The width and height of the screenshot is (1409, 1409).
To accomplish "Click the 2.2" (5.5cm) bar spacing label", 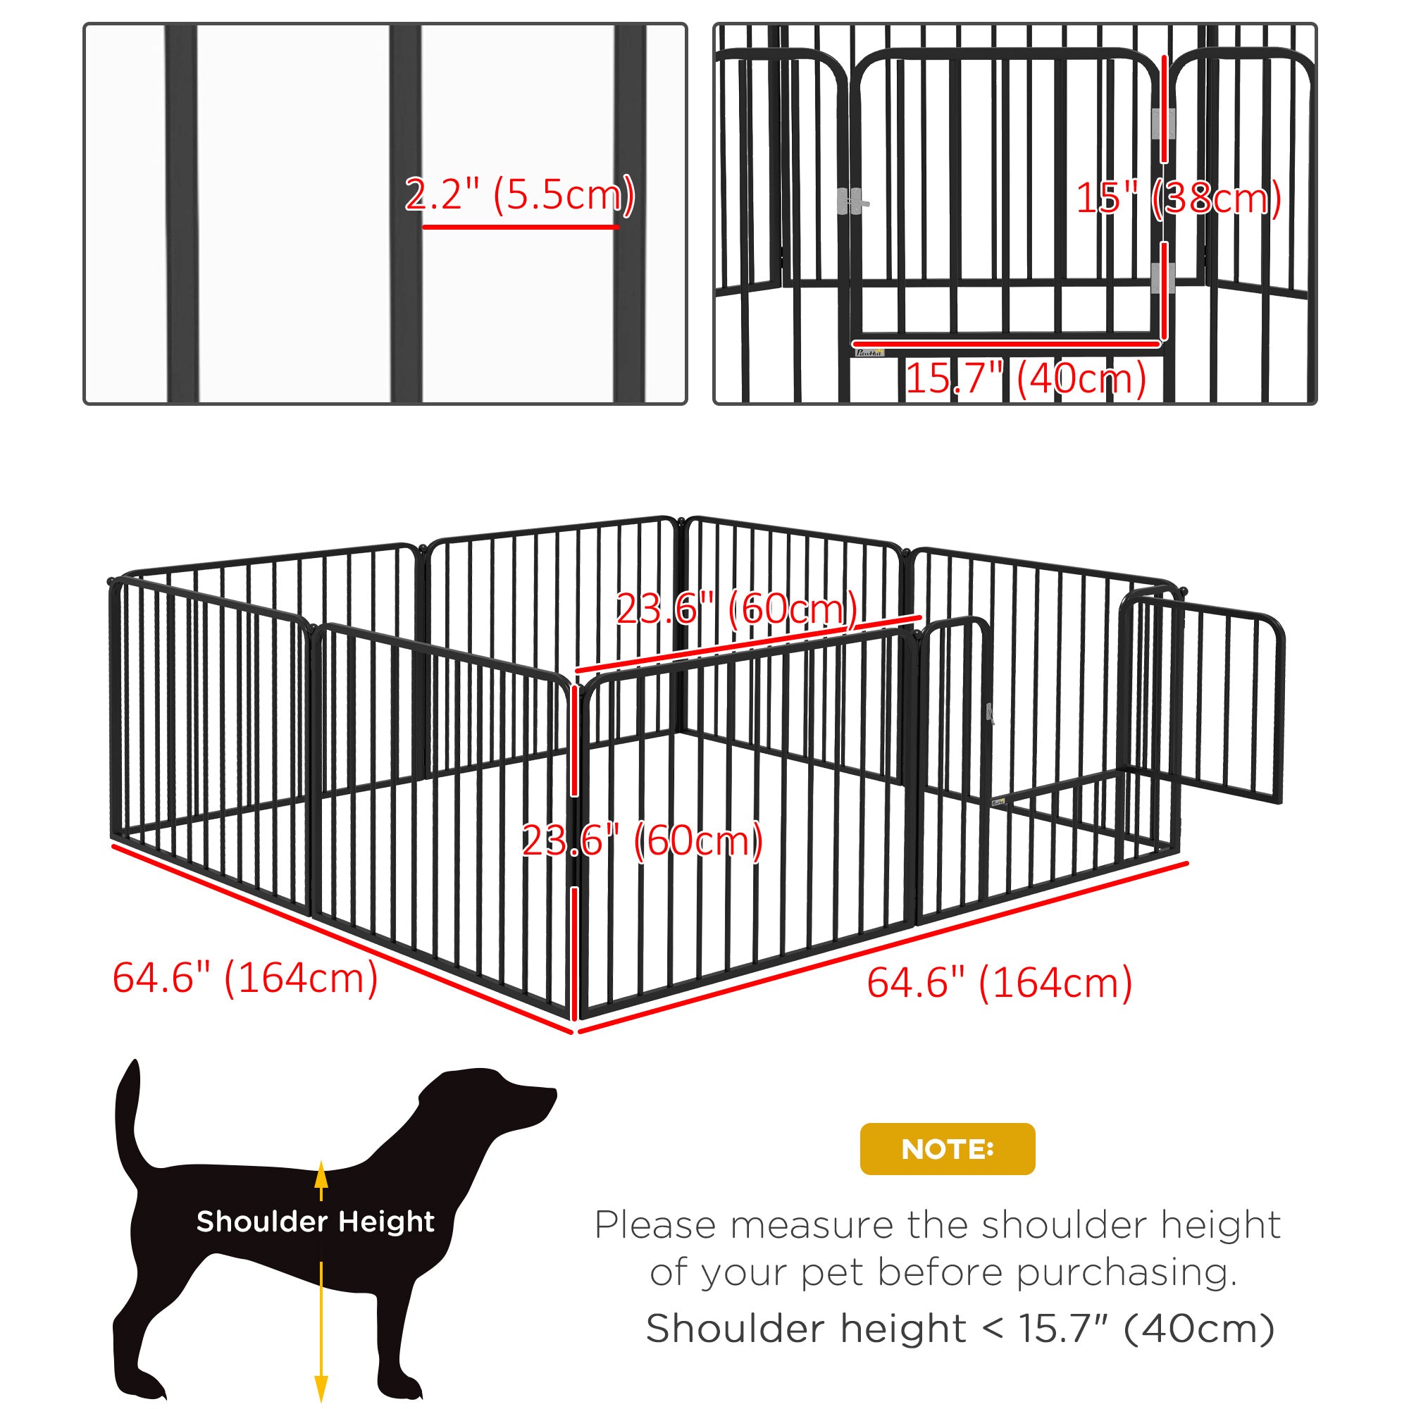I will [x=520, y=194].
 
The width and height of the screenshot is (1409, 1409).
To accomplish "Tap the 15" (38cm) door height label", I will [x=1179, y=198].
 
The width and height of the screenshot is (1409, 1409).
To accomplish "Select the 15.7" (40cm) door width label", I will [x=1025, y=378].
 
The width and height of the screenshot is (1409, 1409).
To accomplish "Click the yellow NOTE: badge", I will [x=947, y=1148].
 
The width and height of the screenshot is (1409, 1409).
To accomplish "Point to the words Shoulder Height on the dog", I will [x=315, y=1221].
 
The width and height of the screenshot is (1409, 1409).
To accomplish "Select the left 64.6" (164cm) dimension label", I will [x=245, y=977].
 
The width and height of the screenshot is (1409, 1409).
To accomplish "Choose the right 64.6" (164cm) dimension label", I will [x=999, y=982].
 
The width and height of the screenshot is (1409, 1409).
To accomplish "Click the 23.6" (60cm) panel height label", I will [x=642, y=840].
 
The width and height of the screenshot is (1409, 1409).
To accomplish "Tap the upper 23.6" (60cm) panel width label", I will [x=737, y=608].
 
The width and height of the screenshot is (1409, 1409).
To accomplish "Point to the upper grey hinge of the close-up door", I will [x=1162, y=123].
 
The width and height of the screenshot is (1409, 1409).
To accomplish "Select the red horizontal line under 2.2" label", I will [x=520, y=227].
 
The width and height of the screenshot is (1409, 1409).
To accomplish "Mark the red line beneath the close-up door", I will [x=1007, y=343].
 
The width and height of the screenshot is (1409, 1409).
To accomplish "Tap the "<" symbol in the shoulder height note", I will [x=992, y=1329].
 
